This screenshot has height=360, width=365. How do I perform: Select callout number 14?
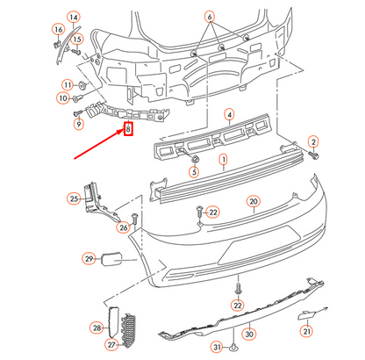coord(73,18)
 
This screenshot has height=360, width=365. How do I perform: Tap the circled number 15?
coord(76,39)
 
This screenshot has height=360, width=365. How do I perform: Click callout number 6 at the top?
coord(209,18)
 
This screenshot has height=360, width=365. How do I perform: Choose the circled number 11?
coord(68,84)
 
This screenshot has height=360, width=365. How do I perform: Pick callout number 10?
coord(62,99)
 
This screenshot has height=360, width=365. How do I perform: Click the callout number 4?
coord(229,114)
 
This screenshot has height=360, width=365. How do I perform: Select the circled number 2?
coord(313,141)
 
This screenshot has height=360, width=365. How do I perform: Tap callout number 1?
coord(223,161)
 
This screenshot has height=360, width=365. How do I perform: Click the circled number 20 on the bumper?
coord(254,201)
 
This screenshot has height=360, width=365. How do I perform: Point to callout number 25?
coord(74,199)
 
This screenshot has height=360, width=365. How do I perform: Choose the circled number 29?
coord(89,258)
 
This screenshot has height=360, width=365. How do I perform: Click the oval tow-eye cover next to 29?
coord(114,259)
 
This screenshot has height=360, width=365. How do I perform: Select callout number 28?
coord(97,327)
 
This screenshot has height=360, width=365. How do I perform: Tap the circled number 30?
coord(248,335)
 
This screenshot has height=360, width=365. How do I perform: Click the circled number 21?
coord(306,331)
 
